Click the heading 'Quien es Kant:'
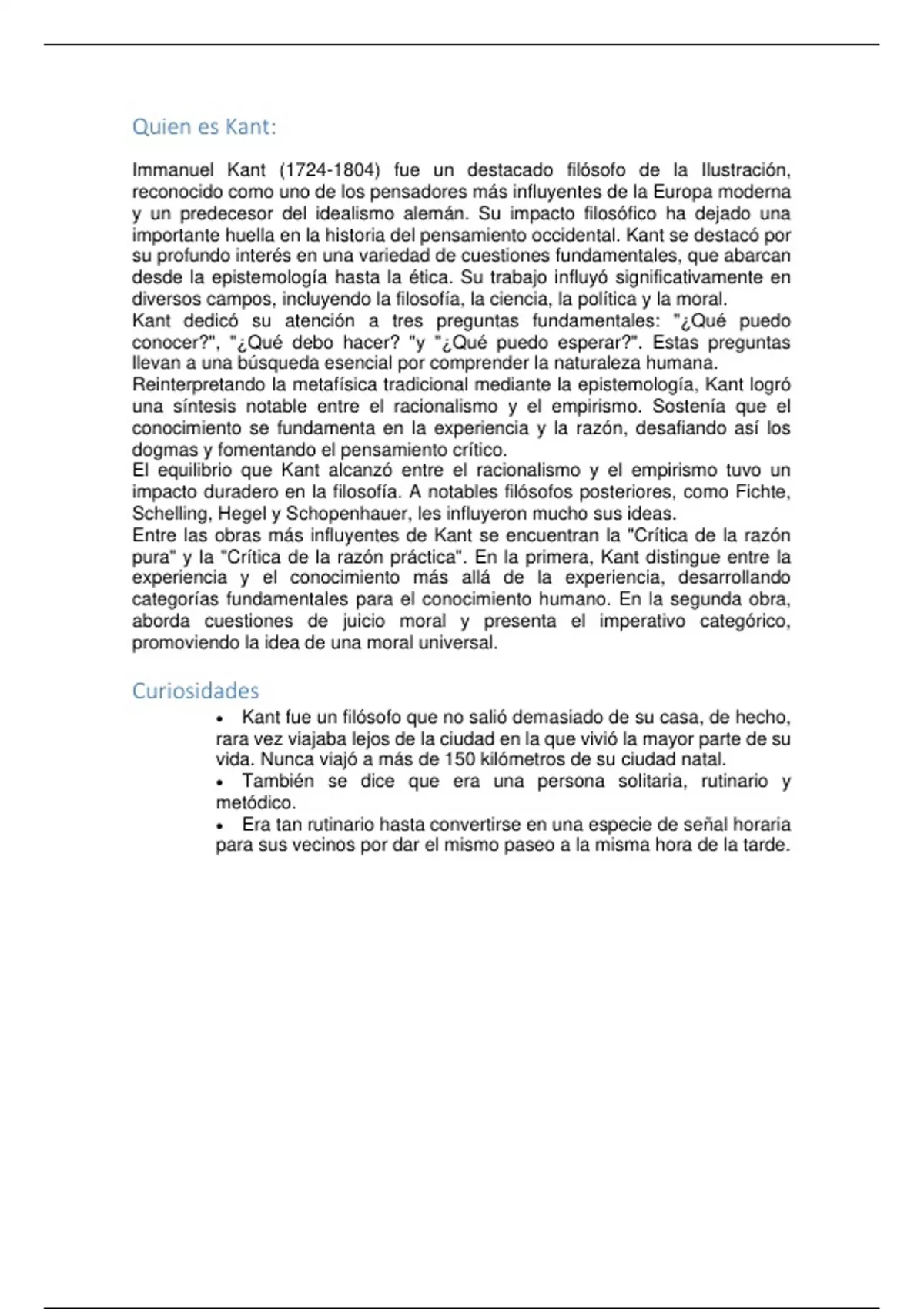click(204, 126)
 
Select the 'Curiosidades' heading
click(196, 691)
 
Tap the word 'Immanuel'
click(172, 170)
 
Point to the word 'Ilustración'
click(745, 170)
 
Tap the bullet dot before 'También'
click(220, 782)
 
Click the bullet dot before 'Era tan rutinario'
click(220, 825)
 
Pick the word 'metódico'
click(254, 803)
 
